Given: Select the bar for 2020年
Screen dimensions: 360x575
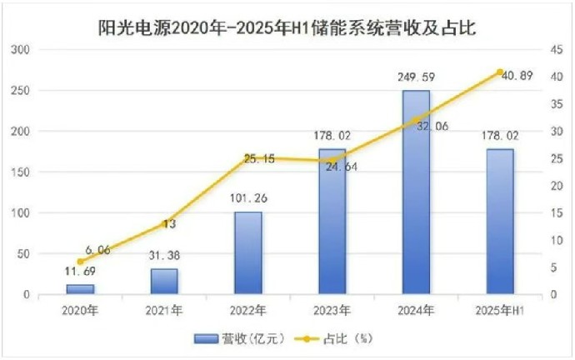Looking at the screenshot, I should tap(81, 289).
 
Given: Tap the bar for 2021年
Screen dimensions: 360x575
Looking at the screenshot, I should tap(164, 282).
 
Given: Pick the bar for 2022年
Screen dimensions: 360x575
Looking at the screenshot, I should tap(248, 253).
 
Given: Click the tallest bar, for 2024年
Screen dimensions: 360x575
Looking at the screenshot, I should tap(416, 192).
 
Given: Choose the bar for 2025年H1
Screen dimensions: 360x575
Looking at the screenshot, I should tap(500, 222).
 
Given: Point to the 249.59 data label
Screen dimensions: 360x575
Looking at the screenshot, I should tap(417, 77).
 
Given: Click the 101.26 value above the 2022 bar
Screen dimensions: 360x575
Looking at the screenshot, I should tap(248, 199).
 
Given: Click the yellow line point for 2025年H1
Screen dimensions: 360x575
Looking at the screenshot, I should tap(500, 72).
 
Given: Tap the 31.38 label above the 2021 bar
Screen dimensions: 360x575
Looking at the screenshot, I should tap(164, 255).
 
